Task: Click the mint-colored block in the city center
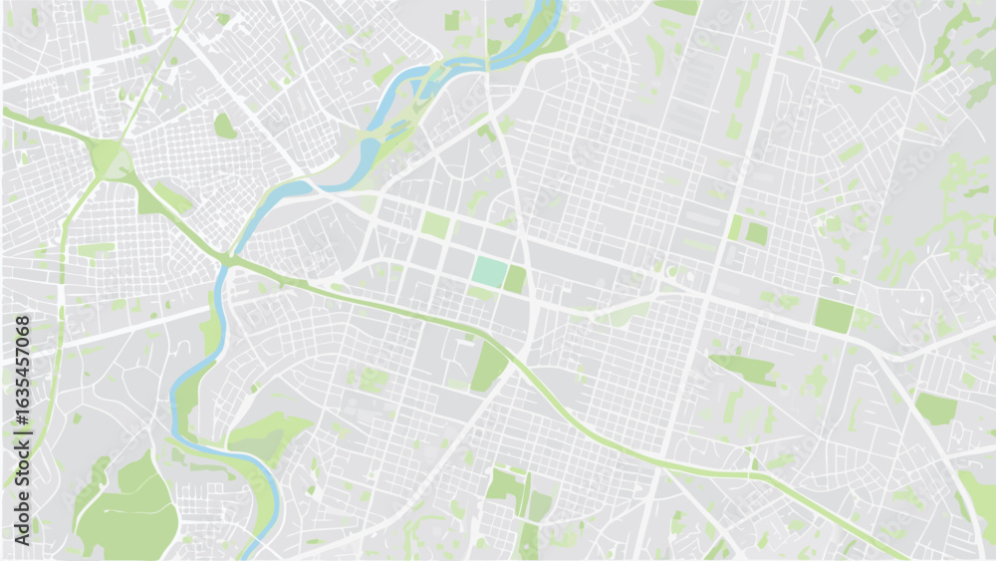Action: [489, 271]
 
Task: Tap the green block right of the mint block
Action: [514, 279]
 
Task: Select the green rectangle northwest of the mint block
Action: [435, 224]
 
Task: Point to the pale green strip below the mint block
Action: [483, 294]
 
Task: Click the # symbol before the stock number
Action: [22, 426]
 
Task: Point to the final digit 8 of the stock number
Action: [22, 322]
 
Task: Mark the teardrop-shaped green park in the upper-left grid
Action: [225, 127]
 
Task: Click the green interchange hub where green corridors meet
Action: [108, 159]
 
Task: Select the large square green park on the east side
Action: [833, 315]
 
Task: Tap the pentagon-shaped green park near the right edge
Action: [935, 408]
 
